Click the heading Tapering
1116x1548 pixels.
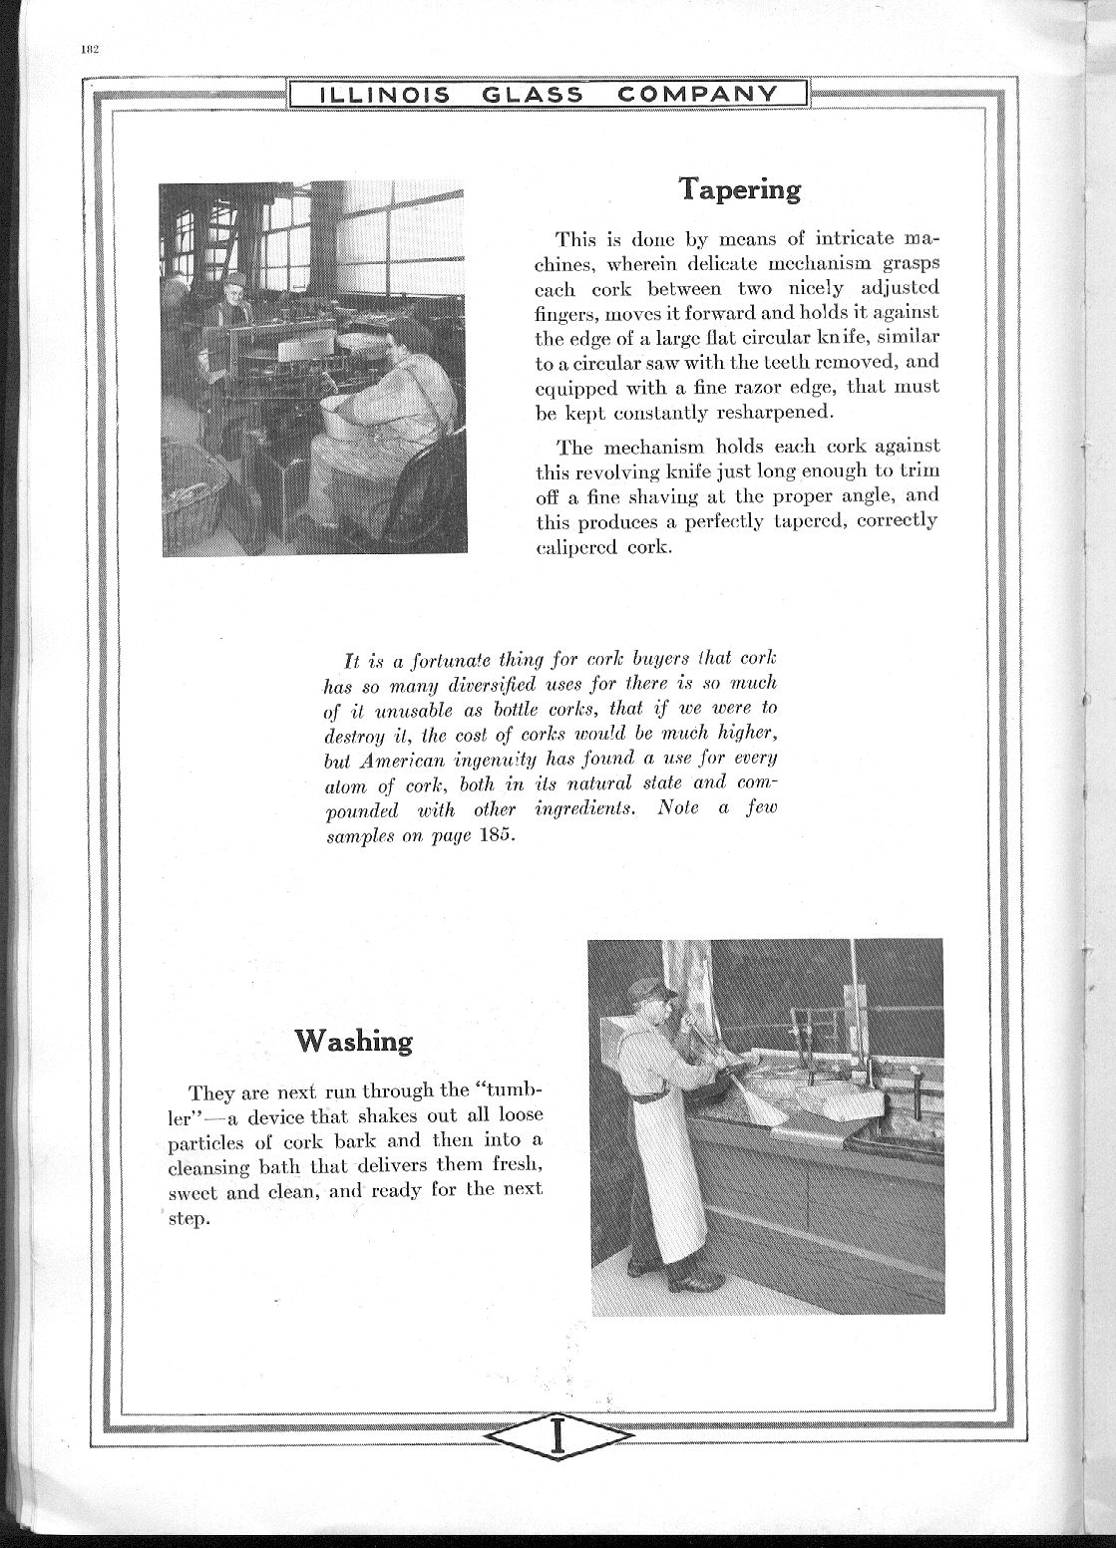739,188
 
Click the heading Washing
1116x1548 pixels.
353,1041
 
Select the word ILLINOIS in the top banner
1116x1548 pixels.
384,95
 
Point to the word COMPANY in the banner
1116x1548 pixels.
697,95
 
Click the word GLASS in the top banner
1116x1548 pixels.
534,95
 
